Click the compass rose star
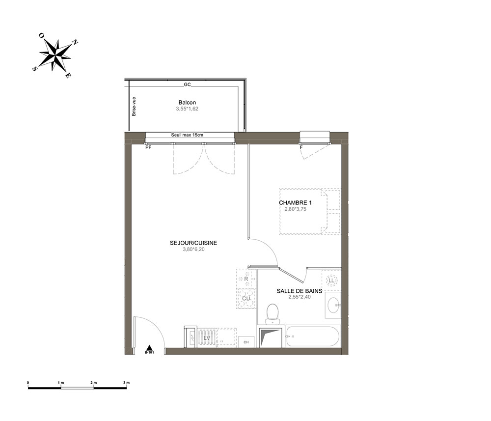pyautogui.click(x=55, y=56)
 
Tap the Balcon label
pyautogui.click(x=187, y=103)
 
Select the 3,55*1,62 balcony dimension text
pyautogui.click(x=187, y=109)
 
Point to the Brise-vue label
pyautogui.click(x=134, y=107)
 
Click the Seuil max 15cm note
pyautogui.click(x=187, y=135)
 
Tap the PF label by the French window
pyautogui.click(x=148, y=147)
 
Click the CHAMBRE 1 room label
pyautogui.click(x=295, y=203)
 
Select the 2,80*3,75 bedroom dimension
pyautogui.click(x=295, y=209)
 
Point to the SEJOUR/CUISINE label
pyautogui.click(x=193, y=243)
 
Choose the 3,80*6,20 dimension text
pyautogui.click(x=193, y=250)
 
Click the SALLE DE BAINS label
pyautogui.click(x=300, y=291)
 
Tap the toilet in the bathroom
pyautogui.click(x=272, y=314)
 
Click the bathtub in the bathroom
pyautogui.click(x=312, y=337)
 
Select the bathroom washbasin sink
pyautogui.click(x=333, y=305)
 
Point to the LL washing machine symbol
pyautogui.click(x=331, y=281)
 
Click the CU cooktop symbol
pyautogui.click(x=246, y=299)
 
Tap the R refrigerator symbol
pyautogui.click(x=246, y=279)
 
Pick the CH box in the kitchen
pyautogui.click(x=246, y=342)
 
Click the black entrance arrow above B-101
pyautogui.click(x=150, y=347)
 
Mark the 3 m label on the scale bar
pyautogui.click(x=127, y=383)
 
